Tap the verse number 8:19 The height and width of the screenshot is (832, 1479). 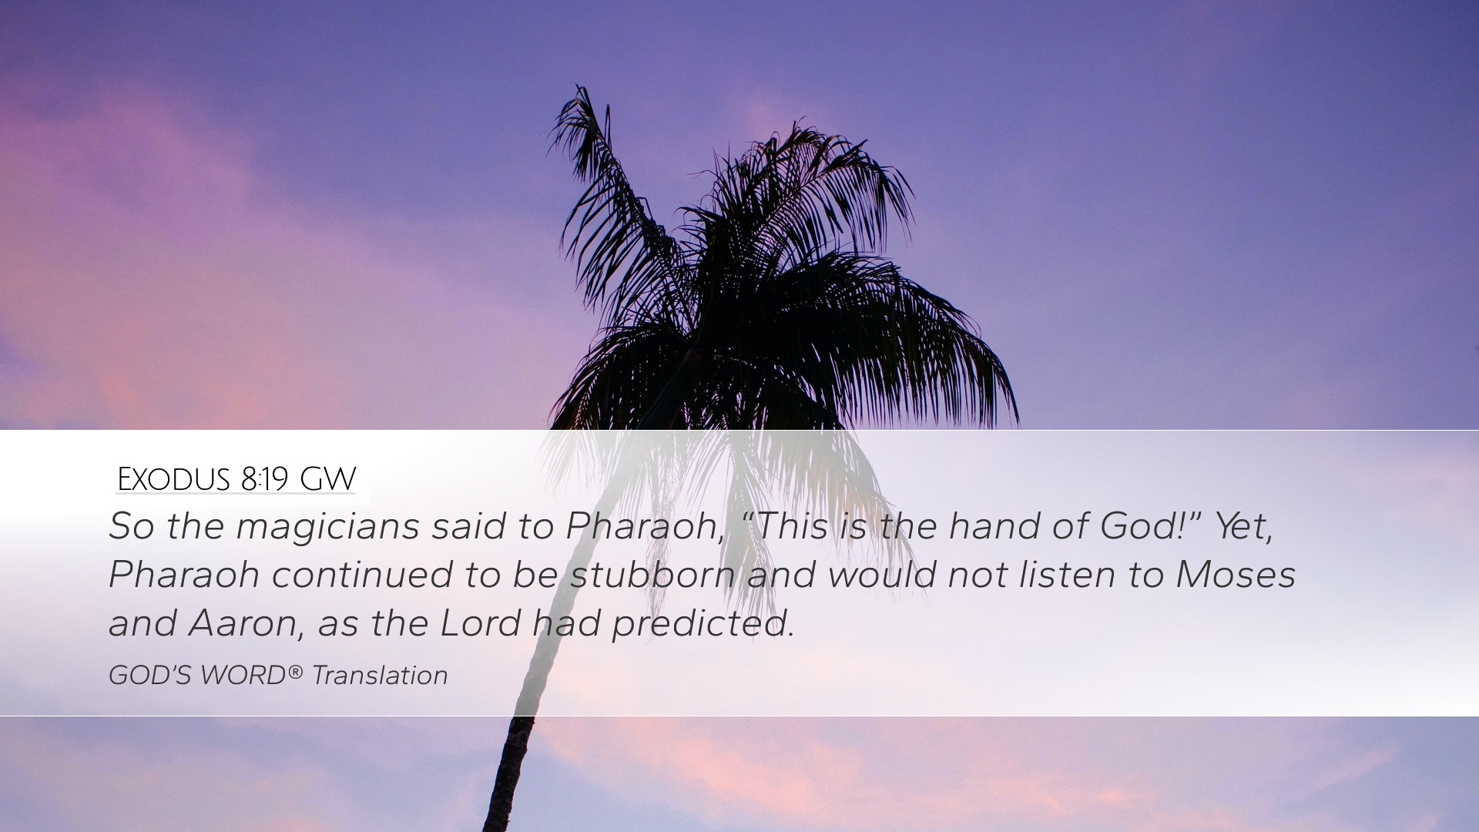(263, 479)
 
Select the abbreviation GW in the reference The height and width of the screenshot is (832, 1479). (327, 479)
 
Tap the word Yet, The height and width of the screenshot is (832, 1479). (1244, 527)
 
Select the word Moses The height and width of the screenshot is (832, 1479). (1236, 575)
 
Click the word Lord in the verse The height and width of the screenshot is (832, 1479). (480, 622)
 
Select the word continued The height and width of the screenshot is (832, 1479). (362, 575)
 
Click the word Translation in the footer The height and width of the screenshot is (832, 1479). (380, 676)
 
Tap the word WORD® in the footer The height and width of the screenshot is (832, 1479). (252, 676)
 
